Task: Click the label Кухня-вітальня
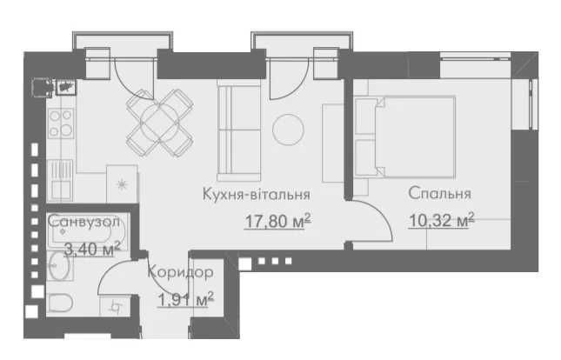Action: coord(257,194)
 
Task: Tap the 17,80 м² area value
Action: coord(277,221)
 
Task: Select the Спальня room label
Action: coord(440,193)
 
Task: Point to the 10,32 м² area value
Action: coord(442,220)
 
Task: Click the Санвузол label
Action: coord(83,222)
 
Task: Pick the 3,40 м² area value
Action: coord(92,249)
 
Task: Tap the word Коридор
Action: coord(181,272)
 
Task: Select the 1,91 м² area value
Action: coord(185,299)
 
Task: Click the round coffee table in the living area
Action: coord(288,130)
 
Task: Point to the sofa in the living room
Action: coord(238,130)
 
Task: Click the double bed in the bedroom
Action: coord(405,137)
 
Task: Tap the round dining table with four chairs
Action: coord(159,123)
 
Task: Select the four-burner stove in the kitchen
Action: coord(61,123)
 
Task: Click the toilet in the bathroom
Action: coord(60,303)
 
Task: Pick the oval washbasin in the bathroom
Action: coord(59,265)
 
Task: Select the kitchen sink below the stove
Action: coord(61,181)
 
